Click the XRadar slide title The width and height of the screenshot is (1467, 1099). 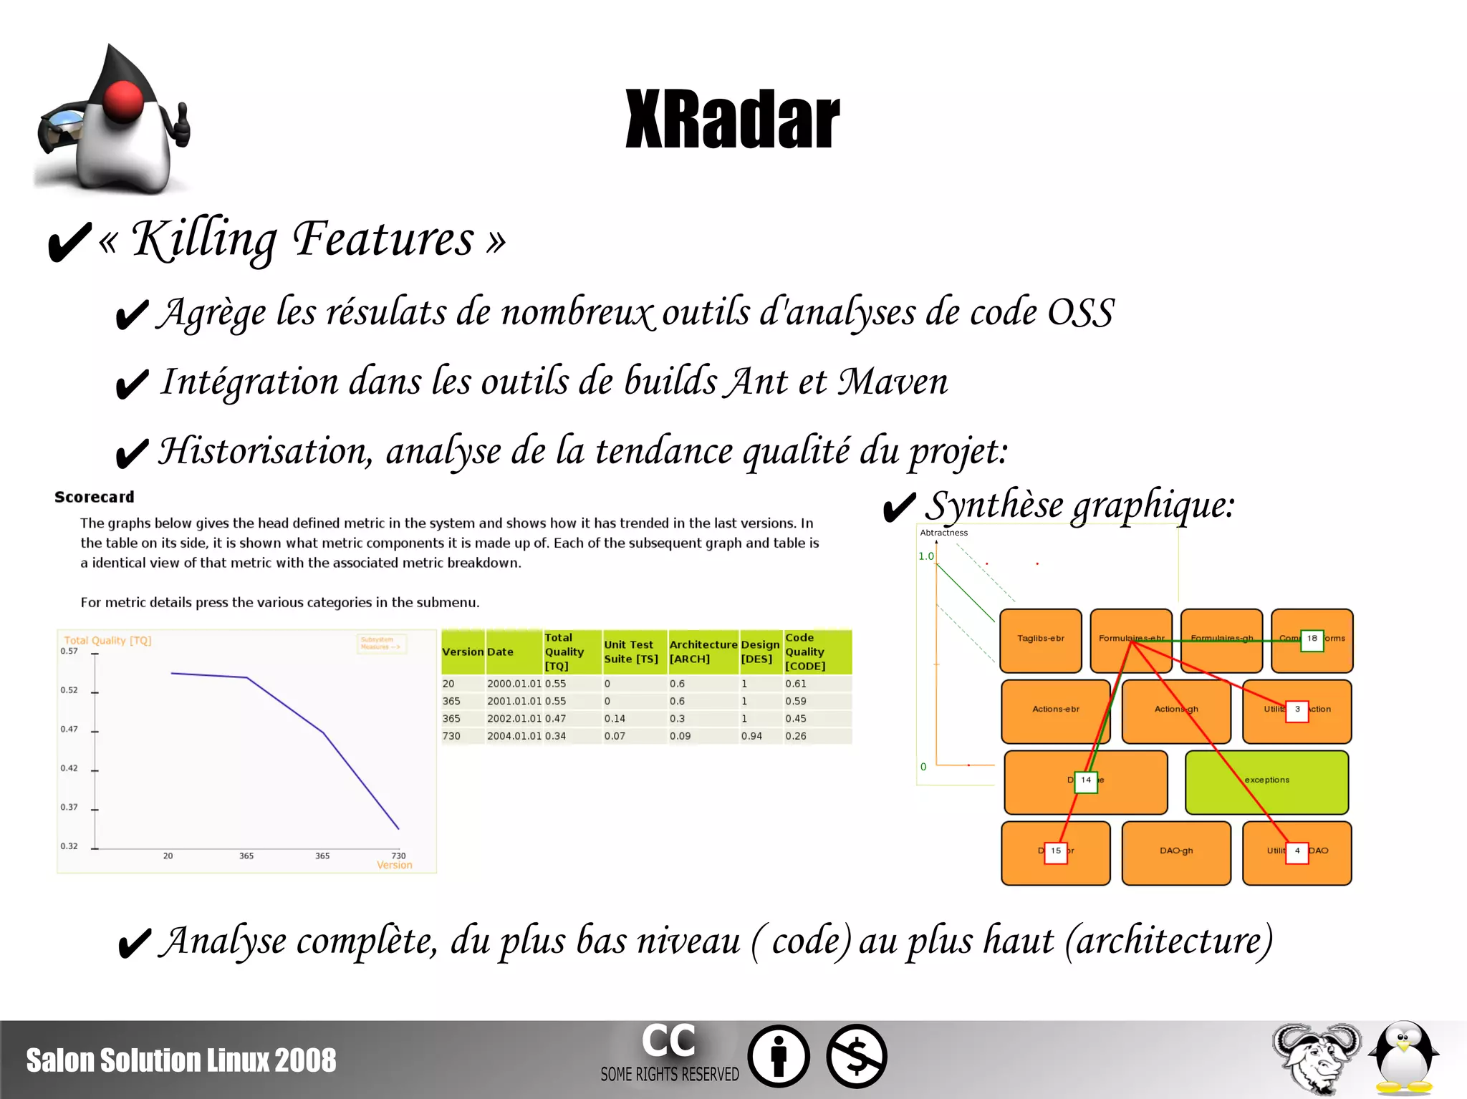pos(732,120)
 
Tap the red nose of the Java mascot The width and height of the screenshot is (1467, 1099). pos(123,100)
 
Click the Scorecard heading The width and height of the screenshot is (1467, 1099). pos(94,497)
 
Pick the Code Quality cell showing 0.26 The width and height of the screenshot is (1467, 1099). pos(795,736)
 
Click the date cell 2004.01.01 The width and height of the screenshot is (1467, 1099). pos(514,736)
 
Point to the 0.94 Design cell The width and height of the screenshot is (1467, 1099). pos(751,736)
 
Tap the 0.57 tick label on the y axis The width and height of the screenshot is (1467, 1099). pos(69,651)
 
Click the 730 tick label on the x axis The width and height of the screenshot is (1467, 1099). pos(398,856)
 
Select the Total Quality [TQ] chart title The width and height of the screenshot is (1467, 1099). pos(107,641)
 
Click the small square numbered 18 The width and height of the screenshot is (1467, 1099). pos(1312,639)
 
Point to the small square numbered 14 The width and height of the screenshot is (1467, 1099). pos(1086,780)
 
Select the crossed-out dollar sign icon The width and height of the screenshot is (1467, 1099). pos(856,1056)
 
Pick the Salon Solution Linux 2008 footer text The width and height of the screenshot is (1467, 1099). pos(181,1060)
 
